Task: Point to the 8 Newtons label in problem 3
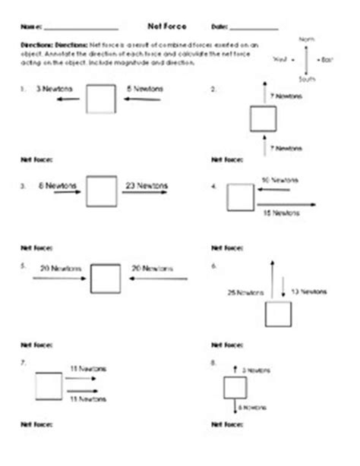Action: click(54, 184)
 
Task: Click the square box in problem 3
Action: click(100, 191)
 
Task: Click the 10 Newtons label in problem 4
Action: click(279, 180)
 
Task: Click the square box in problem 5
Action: click(106, 278)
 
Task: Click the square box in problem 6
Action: click(276, 315)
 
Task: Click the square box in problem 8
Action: click(234, 389)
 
